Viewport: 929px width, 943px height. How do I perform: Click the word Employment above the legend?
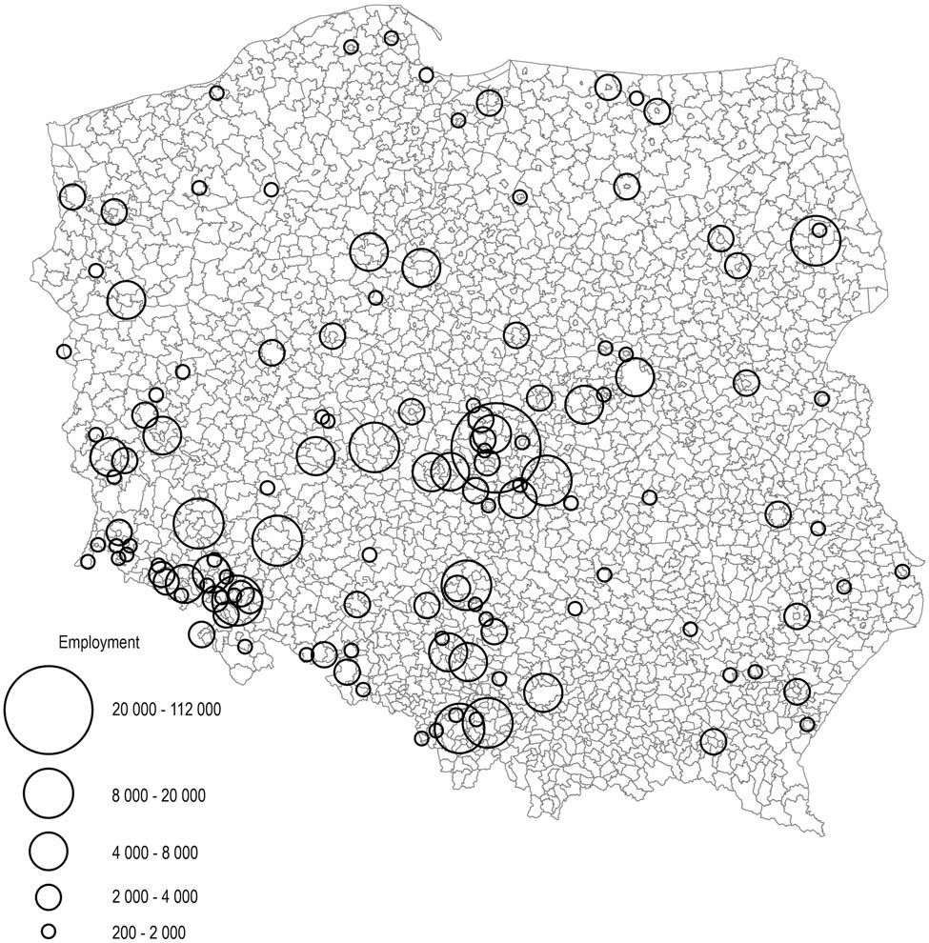99,643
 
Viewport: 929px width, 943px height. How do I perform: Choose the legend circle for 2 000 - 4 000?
49,896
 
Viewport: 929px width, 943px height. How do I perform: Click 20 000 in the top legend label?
134,711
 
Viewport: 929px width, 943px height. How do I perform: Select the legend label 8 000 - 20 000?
159,795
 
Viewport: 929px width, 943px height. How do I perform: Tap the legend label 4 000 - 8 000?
155,853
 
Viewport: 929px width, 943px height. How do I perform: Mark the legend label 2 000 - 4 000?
155,897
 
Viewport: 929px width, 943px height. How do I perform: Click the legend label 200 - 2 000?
149,933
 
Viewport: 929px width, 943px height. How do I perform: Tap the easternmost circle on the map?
902,572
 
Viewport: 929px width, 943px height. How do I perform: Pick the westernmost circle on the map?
64,351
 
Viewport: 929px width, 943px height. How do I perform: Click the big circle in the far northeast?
816,240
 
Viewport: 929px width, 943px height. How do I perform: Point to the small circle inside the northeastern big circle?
818,230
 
